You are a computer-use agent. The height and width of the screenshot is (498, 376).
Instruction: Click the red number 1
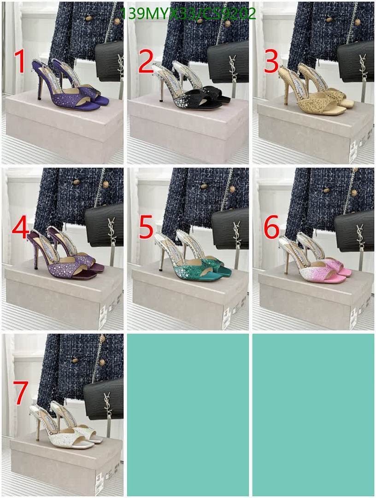coord(20,62)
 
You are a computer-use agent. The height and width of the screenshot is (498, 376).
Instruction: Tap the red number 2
coord(146,62)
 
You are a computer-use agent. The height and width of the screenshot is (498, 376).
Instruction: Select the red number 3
coord(271,62)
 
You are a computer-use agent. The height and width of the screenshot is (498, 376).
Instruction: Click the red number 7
coord(21,393)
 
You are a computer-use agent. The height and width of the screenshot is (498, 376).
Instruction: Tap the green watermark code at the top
coord(188,13)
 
